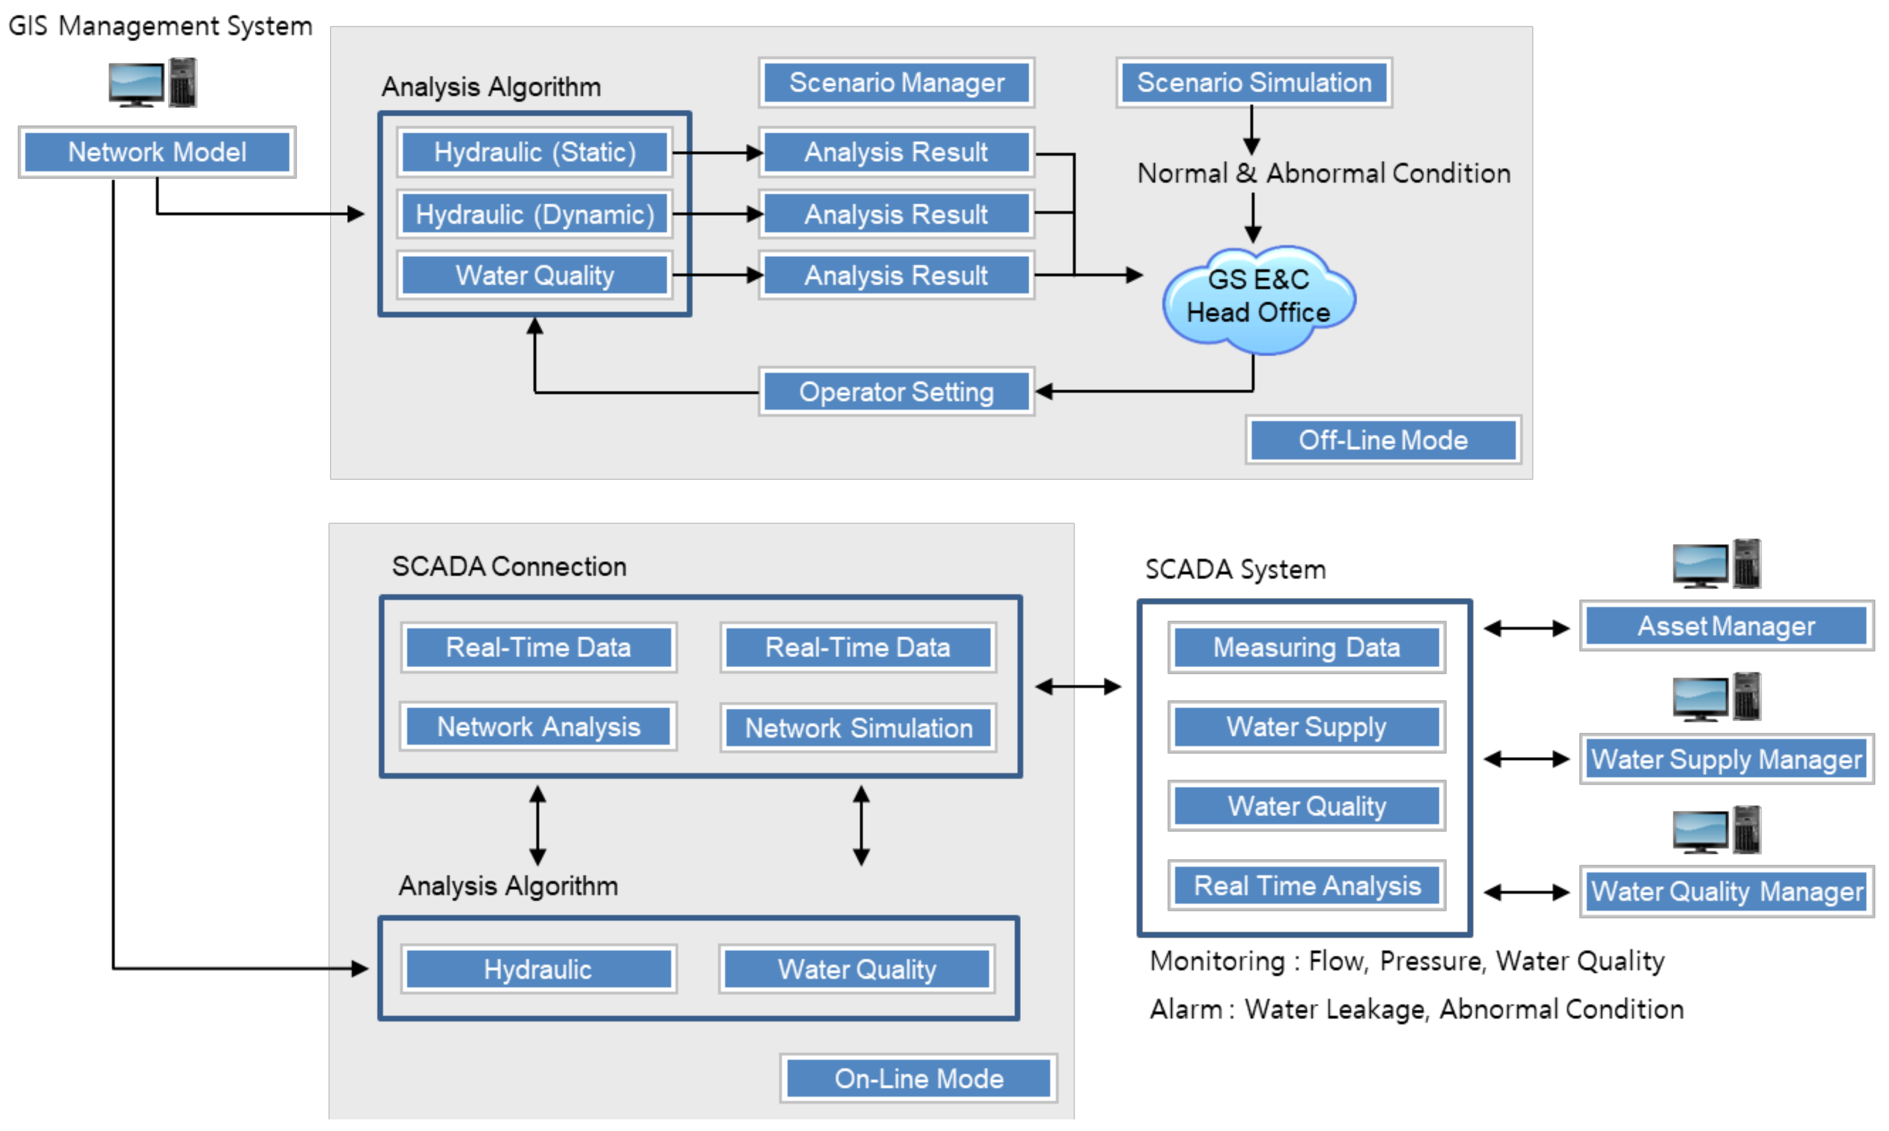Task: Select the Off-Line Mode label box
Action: [x=1382, y=440]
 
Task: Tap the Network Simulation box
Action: [x=858, y=728]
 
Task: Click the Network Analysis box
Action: [x=538, y=726]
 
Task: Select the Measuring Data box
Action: [x=1306, y=647]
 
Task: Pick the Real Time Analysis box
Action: [x=1306, y=885]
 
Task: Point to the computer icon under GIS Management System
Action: [x=153, y=82]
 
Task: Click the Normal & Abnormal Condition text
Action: [x=1323, y=173]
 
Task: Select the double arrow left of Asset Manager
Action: [x=1525, y=628]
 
